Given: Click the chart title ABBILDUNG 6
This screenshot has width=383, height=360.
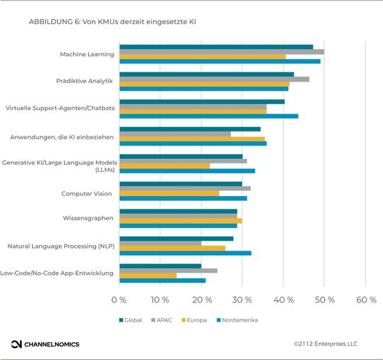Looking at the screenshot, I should (113, 22).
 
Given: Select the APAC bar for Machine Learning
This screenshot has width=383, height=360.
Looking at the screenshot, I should (221, 52).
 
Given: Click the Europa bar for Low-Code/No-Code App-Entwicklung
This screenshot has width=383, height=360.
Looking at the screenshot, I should (148, 275).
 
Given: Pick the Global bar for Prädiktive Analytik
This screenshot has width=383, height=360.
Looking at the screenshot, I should (206, 74).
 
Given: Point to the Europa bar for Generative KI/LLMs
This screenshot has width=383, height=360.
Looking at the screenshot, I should (165, 165).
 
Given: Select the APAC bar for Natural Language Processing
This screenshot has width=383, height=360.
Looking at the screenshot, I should (160, 243).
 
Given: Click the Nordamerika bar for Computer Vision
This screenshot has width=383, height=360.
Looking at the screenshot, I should (183, 198).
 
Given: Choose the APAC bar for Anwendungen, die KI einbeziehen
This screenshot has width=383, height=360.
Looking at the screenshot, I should (175, 133).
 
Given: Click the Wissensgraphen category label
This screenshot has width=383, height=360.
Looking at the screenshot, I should (87, 218).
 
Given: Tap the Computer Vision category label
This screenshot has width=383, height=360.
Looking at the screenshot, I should (87, 192).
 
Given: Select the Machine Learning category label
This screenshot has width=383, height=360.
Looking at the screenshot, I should (87, 54).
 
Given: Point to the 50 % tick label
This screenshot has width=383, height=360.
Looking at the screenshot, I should (324, 300).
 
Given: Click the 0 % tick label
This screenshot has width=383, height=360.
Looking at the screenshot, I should (119, 300).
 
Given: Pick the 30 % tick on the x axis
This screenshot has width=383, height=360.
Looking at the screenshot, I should (242, 300).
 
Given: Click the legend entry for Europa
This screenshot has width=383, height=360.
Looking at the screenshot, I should (194, 320).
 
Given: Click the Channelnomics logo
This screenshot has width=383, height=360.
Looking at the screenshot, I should (45, 344).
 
